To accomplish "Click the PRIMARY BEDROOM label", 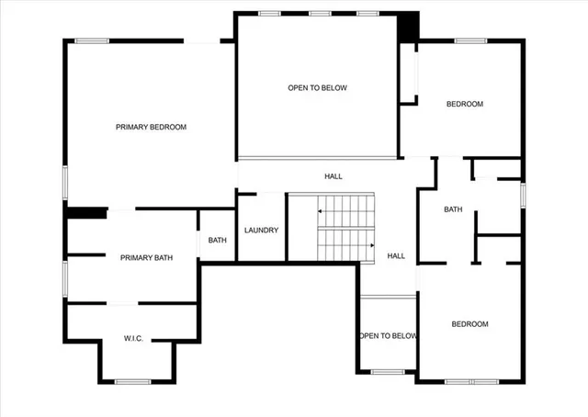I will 152,127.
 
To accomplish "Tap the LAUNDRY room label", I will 262,231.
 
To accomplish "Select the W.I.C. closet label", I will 133,339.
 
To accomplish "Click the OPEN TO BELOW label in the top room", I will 317,88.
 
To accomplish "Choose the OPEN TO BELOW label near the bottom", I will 389,336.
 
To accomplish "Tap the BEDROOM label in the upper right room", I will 464,104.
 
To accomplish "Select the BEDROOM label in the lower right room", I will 469,324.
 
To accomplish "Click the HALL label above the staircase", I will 334,176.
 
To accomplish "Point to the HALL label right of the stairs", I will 396,256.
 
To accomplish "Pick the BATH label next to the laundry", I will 217,241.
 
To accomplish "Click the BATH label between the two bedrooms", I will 453,209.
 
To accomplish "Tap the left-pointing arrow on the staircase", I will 321,211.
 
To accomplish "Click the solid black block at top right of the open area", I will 408,28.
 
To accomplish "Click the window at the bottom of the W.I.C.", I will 133,381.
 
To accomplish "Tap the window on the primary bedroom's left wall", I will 64,181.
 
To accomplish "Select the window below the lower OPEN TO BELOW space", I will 388,372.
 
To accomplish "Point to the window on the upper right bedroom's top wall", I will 471,40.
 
